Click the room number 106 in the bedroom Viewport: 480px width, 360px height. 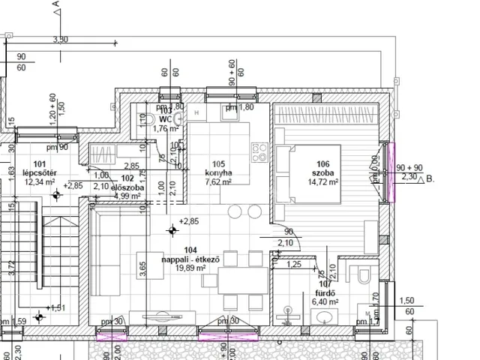[323, 164]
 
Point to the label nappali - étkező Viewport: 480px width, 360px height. [190, 259]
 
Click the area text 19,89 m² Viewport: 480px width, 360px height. [190, 268]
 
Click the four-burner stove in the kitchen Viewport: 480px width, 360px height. [260, 153]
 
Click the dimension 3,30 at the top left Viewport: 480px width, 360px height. [61, 39]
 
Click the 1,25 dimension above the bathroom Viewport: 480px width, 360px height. [294, 264]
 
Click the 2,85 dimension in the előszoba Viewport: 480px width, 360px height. [131, 166]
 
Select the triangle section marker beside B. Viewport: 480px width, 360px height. [418, 179]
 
